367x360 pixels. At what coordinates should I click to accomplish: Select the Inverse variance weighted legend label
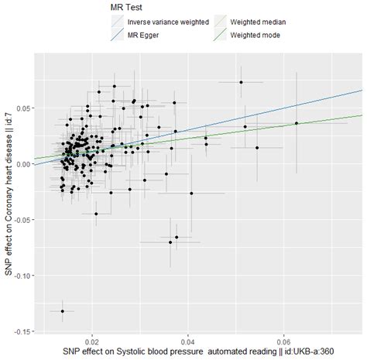[x=167, y=22]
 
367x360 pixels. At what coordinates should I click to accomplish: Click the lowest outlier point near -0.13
[x=63, y=311]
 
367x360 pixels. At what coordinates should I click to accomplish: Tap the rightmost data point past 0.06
[x=297, y=123]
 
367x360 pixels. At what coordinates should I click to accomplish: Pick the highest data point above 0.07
[x=241, y=82]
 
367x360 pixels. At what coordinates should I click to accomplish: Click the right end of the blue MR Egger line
[x=362, y=89]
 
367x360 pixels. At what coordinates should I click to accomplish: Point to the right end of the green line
[x=362, y=115]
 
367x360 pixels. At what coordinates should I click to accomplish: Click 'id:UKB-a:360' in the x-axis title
[x=307, y=352]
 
